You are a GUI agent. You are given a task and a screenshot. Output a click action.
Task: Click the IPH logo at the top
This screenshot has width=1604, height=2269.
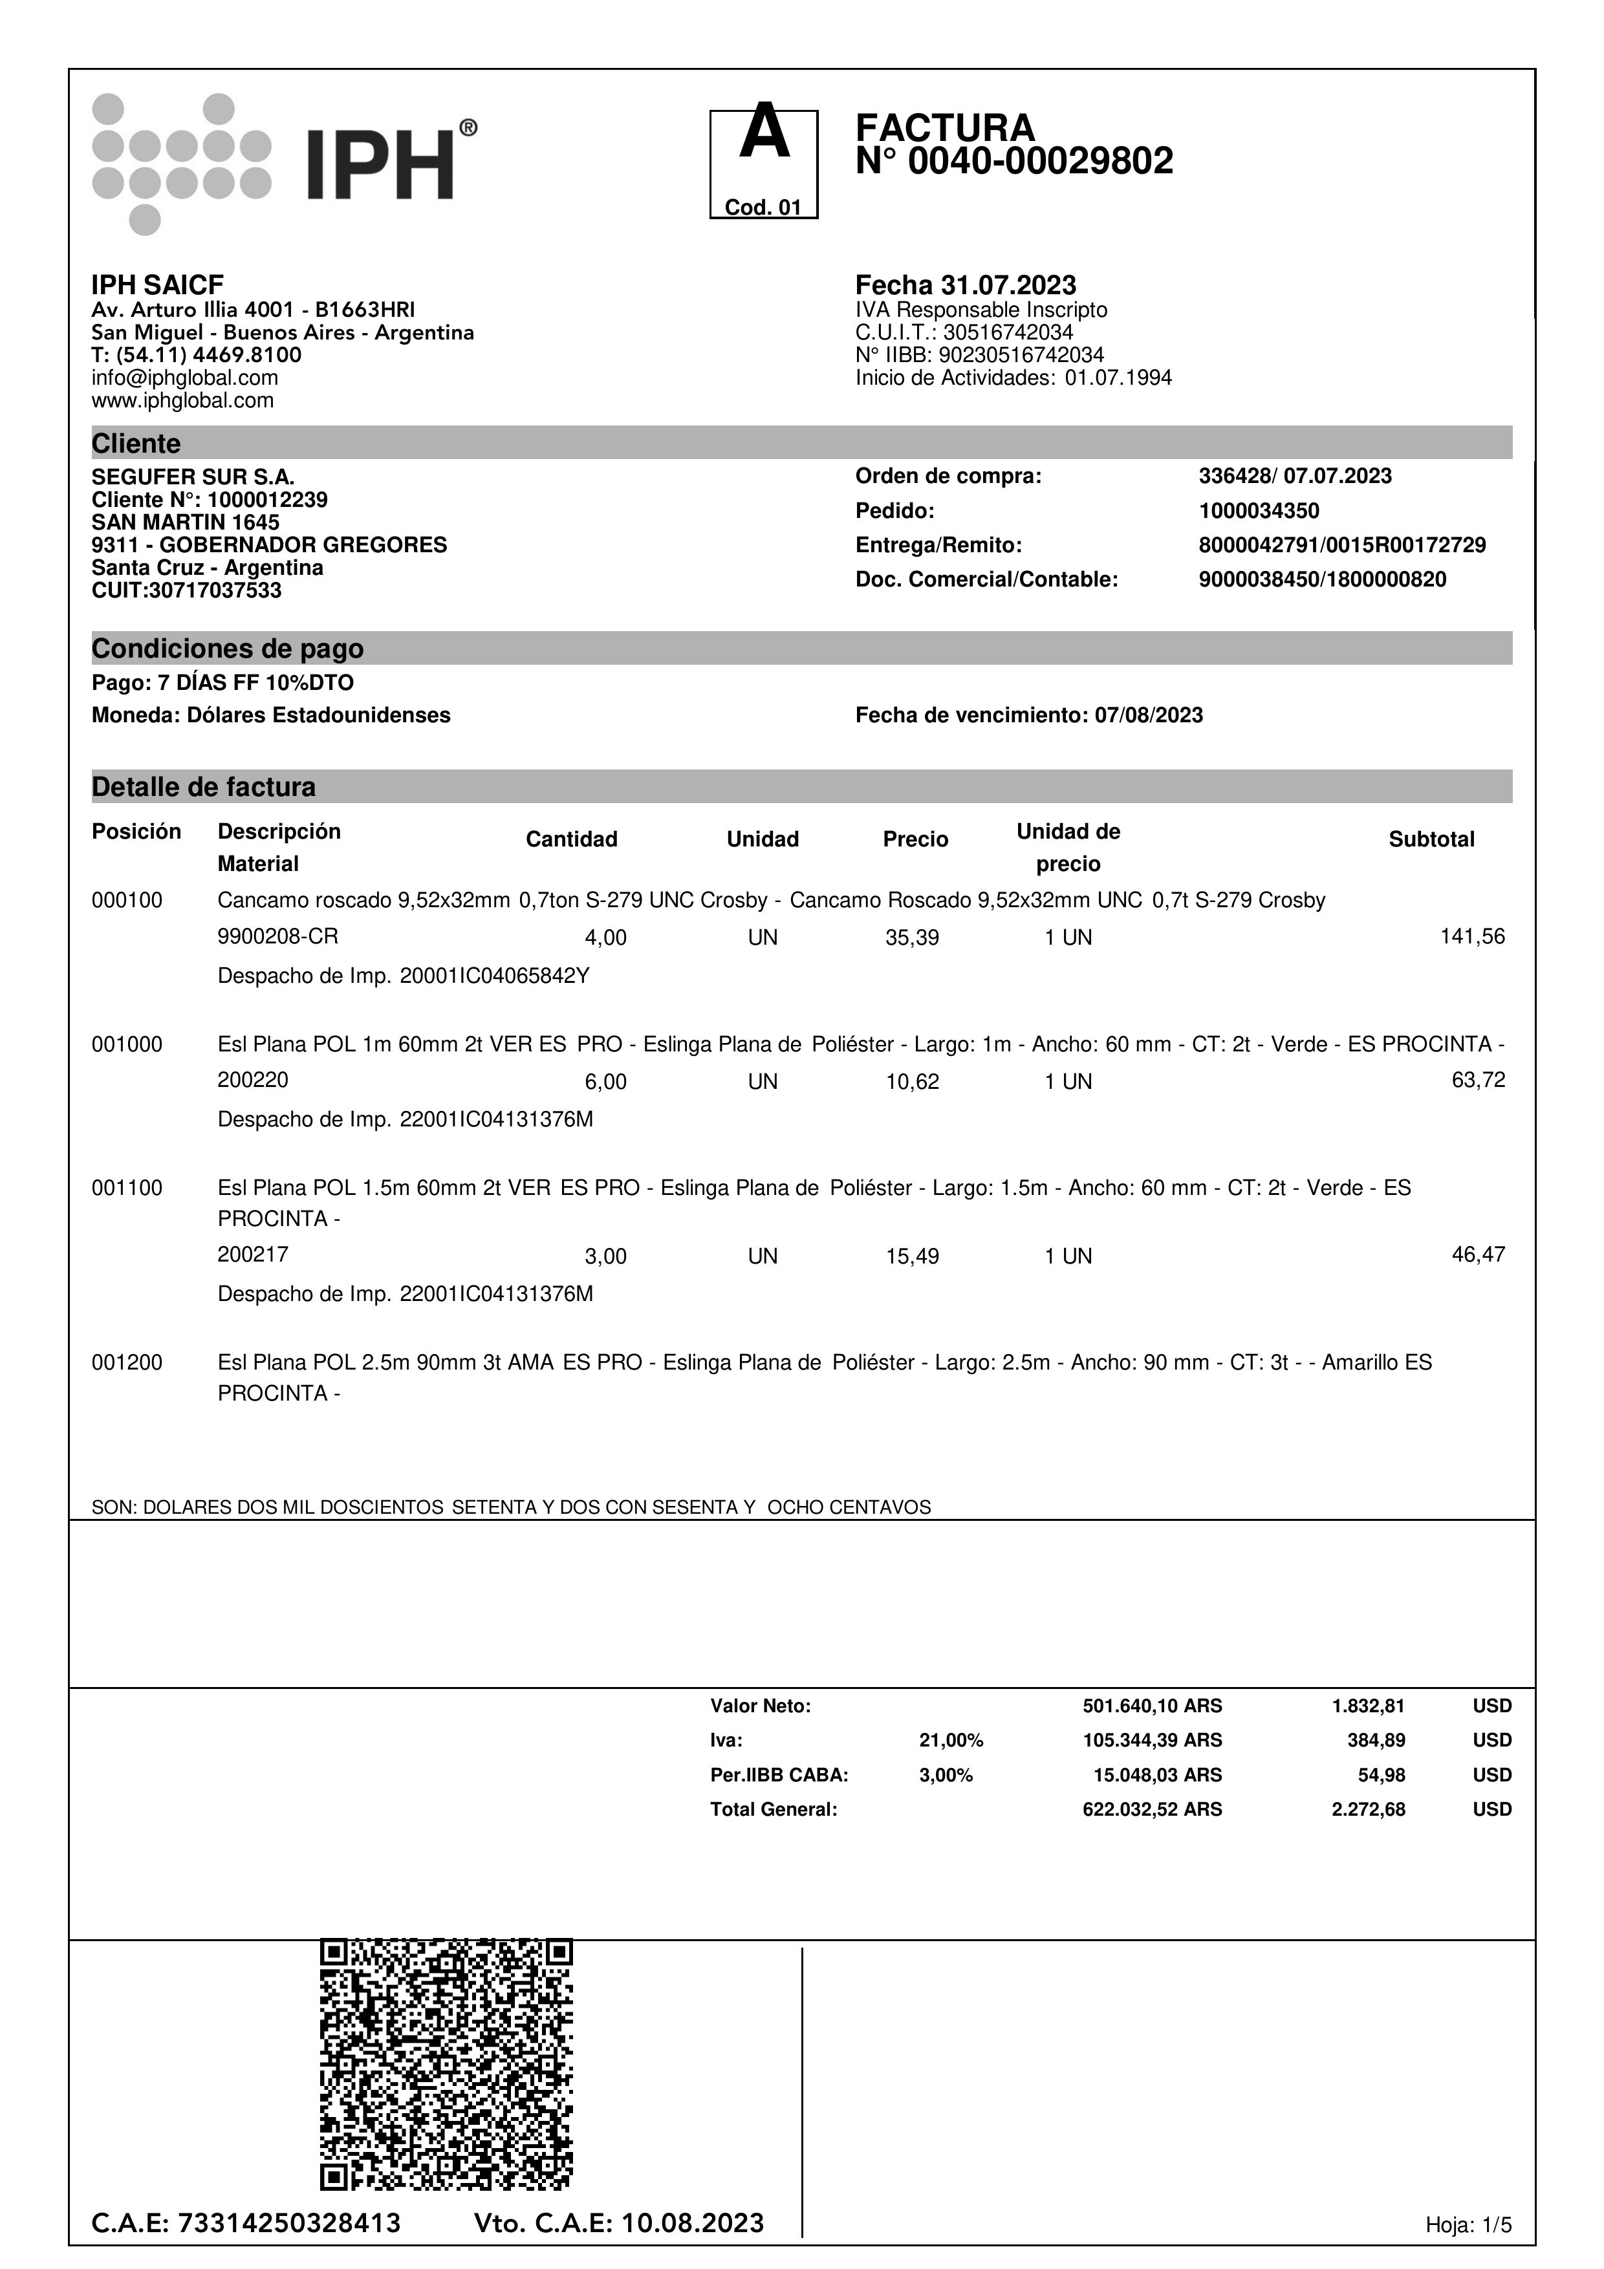coord(285,163)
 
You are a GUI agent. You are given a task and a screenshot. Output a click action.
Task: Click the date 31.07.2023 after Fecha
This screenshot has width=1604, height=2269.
coord(1008,286)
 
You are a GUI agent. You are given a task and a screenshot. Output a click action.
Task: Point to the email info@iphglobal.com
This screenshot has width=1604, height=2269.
coord(185,378)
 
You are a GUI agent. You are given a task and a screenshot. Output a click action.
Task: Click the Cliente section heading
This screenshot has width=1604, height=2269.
coord(136,444)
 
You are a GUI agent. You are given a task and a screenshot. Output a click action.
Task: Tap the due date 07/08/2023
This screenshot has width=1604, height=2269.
coord(1149,715)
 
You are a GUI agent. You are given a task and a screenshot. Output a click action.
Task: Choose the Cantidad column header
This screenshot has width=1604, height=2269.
coord(571,839)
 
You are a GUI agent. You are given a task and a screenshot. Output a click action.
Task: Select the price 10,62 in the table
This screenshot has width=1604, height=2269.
coord(911,1081)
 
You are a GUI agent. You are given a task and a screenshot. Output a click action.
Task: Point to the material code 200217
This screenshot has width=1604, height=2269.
coord(253,1255)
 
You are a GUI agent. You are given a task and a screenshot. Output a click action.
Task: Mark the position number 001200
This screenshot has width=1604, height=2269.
coord(127,1363)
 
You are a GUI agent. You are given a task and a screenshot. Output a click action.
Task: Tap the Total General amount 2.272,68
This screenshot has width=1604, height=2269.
coord(1368,1809)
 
